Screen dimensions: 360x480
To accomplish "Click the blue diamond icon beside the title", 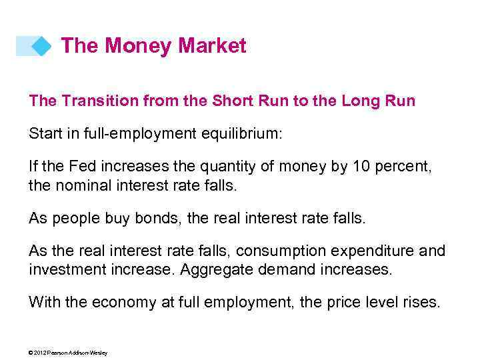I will coord(41,46).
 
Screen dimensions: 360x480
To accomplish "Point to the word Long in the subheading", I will coord(364,101).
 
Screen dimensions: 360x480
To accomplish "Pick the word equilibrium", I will coord(241,134).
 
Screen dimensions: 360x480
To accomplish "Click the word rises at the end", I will coord(423,301).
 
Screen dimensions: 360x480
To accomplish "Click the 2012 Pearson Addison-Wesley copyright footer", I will coord(68,353).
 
